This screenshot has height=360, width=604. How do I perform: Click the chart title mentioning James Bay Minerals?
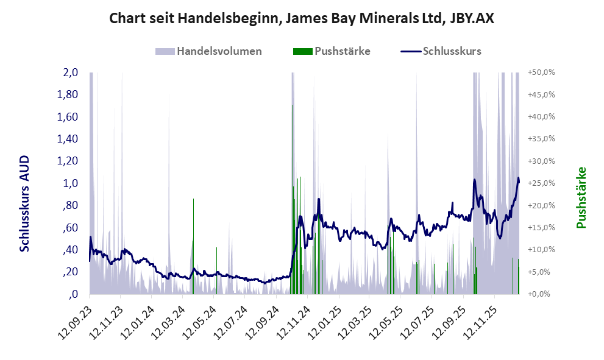tap(301, 18)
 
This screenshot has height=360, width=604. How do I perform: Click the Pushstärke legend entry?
tap(340, 51)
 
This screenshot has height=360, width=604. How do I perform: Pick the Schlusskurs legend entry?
tap(452, 51)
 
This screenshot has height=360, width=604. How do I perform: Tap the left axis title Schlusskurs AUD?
tap(25, 203)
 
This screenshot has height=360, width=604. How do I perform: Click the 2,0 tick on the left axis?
tap(70, 72)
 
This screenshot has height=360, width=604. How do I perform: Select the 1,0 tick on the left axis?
tap(70, 183)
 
